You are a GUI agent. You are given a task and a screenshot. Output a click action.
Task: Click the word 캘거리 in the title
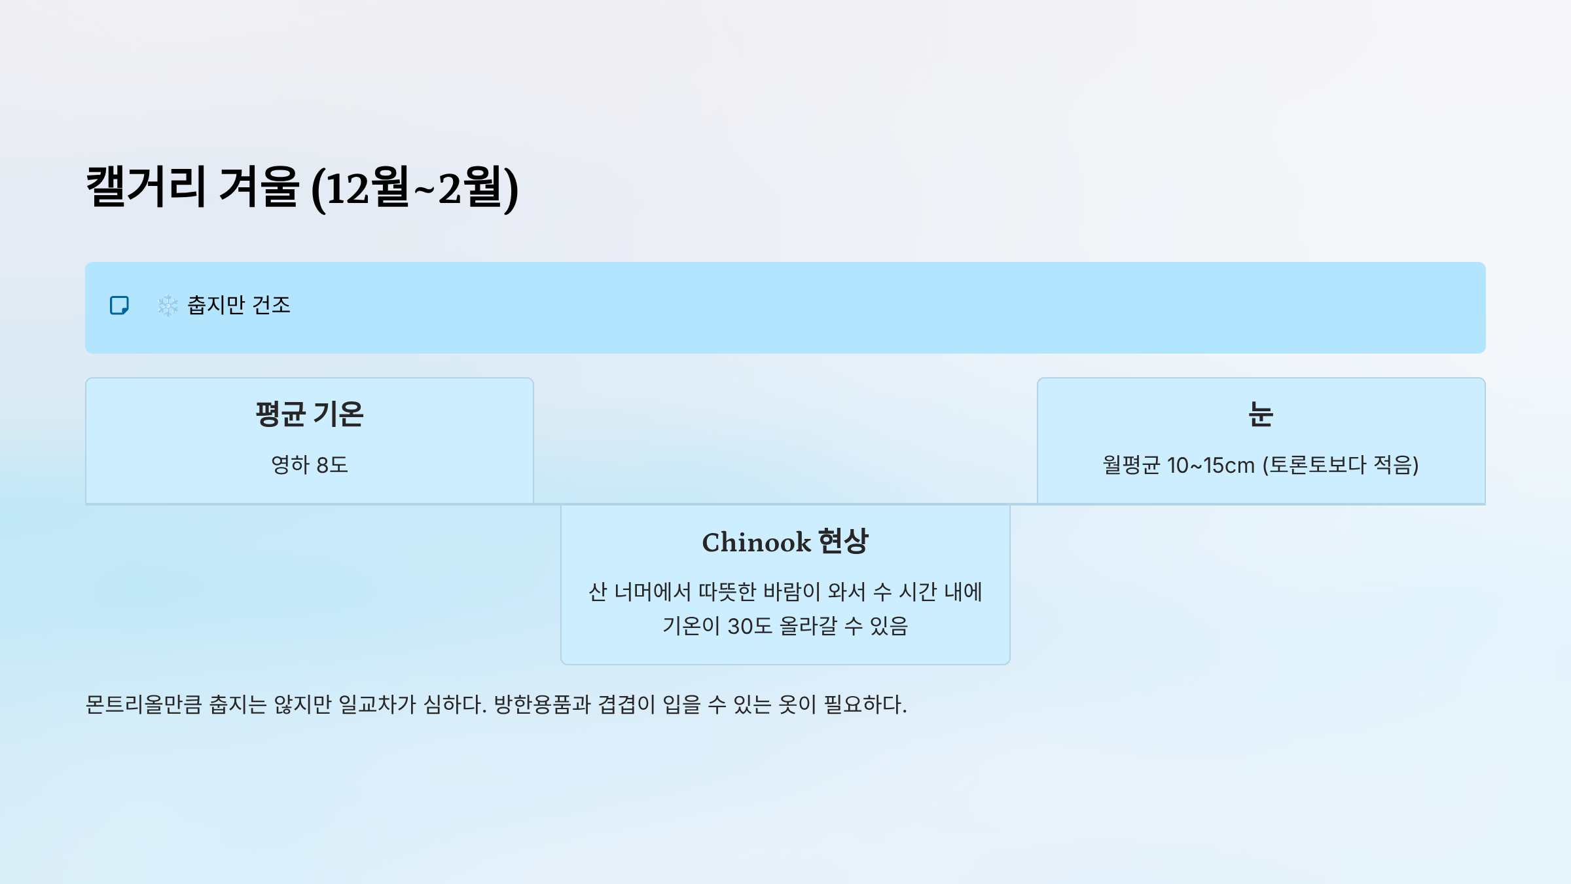pos(145,187)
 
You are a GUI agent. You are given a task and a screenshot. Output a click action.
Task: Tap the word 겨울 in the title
pos(259,187)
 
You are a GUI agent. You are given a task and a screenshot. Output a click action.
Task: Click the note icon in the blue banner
pos(119,306)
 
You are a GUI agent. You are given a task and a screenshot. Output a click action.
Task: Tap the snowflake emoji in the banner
pos(168,306)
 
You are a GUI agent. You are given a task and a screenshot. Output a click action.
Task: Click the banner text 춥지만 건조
pos(239,306)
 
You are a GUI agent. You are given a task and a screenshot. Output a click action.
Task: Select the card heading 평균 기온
pos(310,414)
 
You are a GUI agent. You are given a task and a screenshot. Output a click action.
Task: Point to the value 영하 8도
pos(310,465)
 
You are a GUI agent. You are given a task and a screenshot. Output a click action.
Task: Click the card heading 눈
pos(1261,414)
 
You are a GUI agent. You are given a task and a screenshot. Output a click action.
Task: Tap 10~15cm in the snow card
pos(1211,466)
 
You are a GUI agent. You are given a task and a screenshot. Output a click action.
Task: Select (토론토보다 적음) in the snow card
pos(1341,466)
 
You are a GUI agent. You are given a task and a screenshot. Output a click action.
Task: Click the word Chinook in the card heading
pos(756,543)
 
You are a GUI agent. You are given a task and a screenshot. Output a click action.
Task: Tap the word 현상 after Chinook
pos(844,542)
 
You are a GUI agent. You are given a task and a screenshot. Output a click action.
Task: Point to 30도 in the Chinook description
pos(750,627)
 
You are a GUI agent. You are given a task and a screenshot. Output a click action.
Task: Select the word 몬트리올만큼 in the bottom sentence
pos(143,705)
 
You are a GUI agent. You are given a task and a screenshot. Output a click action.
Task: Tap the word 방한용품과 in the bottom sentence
pos(542,705)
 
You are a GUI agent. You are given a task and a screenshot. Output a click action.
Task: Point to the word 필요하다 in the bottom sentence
pos(864,705)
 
